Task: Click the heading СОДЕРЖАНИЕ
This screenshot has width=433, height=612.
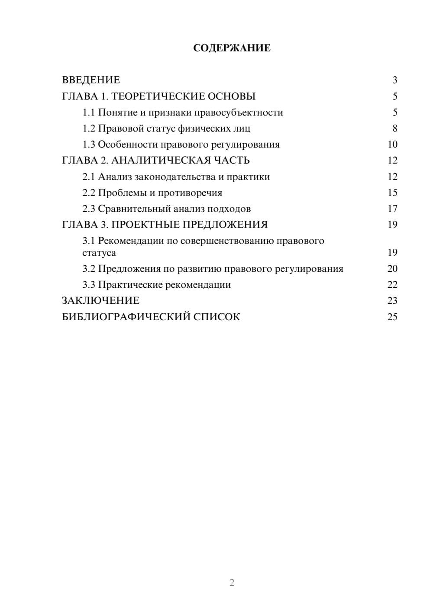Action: (x=232, y=48)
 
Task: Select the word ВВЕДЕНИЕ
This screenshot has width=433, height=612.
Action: (x=91, y=80)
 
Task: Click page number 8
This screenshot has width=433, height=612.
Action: (x=395, y=129)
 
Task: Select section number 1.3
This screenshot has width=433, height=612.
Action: (x=89, y=145)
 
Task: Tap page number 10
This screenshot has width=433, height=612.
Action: (x=392, y=145)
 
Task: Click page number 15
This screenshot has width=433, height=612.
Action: (x=392, y=193)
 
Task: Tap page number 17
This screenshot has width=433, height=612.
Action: (x=392, y=209)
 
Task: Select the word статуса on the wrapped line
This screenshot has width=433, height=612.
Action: (x=99, y=253)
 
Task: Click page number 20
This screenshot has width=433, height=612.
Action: (x=392, y=269)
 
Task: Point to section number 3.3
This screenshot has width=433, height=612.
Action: (x=89, y=285)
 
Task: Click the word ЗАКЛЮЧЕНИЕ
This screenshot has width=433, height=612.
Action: (x=101, y=301)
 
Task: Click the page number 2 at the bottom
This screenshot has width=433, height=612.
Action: (x=232, y=583)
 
